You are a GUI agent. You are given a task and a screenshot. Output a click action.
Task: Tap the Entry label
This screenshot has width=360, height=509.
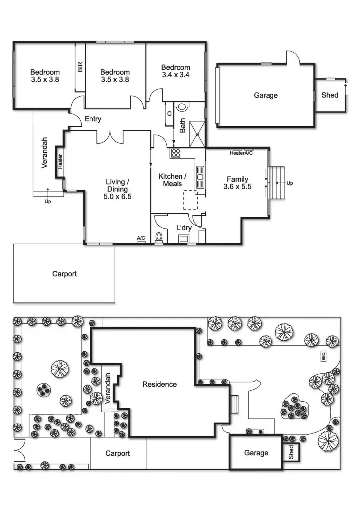(93, 119)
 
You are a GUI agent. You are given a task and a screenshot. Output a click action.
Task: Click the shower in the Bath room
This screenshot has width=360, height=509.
(198, 127)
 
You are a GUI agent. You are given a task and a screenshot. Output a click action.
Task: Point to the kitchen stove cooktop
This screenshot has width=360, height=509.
(175, 153)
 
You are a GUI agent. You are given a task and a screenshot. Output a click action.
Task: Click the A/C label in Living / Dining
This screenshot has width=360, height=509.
(141, 239)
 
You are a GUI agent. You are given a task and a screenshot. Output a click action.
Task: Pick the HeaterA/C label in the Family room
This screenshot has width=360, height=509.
(241, 153)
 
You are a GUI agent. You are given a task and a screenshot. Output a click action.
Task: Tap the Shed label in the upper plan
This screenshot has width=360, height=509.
(330, 95)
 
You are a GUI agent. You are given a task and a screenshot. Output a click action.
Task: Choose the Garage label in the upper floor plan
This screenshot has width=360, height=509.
(266, 95)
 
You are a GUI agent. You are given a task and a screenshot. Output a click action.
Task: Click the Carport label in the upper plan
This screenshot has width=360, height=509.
(64, 274)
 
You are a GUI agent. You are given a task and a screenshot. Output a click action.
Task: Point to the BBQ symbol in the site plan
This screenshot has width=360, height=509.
(323, 356)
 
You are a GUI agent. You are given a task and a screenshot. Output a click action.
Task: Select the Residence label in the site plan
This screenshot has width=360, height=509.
(159, 384)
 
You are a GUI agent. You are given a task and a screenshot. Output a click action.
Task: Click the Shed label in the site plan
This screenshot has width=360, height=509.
(291, 452)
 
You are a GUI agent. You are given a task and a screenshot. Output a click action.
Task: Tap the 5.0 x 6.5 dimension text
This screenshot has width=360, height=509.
(117, 196)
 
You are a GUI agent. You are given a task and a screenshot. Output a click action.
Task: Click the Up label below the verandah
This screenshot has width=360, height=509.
(48, 202)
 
